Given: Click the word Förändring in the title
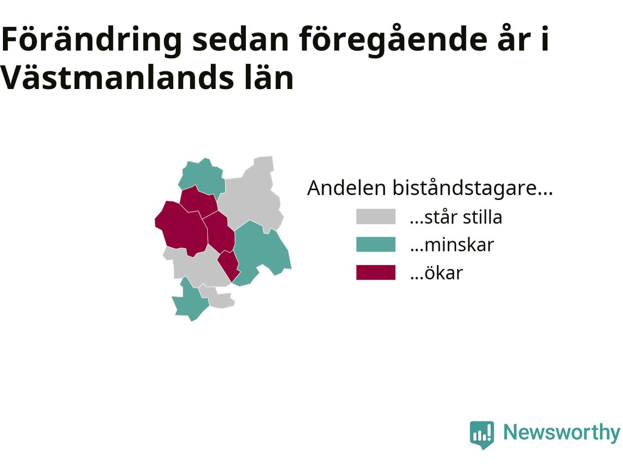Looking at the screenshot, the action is pos(91,40).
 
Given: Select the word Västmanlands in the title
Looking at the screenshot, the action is pos(117,77).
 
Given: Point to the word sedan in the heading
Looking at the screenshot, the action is pos(240,40).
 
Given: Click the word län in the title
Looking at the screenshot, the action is pos(269,77).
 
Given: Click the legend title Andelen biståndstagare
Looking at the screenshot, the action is pos(429,188).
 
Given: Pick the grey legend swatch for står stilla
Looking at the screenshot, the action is pos(375,217).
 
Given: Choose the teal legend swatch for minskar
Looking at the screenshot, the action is pos(375,244).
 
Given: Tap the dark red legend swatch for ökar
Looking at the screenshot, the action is pos(375,272).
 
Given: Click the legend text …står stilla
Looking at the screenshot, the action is pos(456,217).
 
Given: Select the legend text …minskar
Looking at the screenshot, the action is pos(452,245).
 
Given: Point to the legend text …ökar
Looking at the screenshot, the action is pos(436,272).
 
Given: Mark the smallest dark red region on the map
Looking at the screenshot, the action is pos(229,266).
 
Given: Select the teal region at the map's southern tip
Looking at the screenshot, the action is pos(190,300).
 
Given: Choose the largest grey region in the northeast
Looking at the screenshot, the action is pos(253,198).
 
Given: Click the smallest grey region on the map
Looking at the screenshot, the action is pos(218,298).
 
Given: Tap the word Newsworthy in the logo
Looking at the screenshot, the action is pos(562,432).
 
